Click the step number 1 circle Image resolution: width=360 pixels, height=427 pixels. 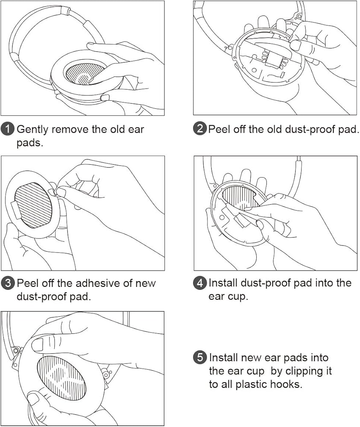[7, 129]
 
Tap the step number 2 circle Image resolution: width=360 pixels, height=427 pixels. [200, 129]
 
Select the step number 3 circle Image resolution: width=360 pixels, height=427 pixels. [7, 283]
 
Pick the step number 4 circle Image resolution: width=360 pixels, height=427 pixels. [200, 283]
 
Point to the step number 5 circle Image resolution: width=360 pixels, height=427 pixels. [200, 357]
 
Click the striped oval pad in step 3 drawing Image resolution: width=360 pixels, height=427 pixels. [33, 205]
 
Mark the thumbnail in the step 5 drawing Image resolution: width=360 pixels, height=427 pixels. [37, 344]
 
